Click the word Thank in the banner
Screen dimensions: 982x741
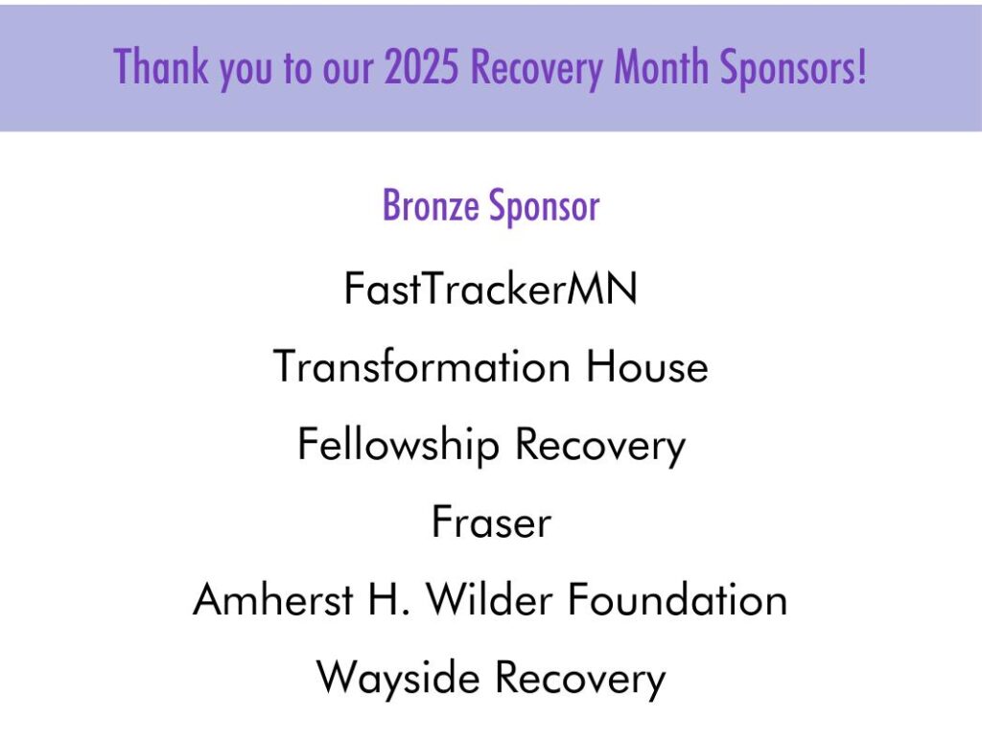click(x=160, y=66)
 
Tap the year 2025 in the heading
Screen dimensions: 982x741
click(x=422, y=66)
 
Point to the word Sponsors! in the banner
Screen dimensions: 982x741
click(x=793, y=68)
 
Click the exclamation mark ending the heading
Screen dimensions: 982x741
click(x=863, y=66)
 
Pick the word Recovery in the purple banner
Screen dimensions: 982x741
click(x=536, y=69)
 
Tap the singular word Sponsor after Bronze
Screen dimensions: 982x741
click(x=545, y=206)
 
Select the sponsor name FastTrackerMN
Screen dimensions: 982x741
click(x=490, y=289)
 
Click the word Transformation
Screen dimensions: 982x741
click(x=422, y=366)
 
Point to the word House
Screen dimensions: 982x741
click(x=647, y=366)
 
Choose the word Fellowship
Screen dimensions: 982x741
click(x=398, y=445)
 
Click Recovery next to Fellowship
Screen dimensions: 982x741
click(x=600, y=447)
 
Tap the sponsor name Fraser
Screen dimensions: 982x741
click(x=491, y=522)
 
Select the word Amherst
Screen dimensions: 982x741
click(x=273, y=599)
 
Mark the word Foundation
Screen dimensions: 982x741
click(x=678, y=599)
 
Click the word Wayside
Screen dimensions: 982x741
click(x=398, y=679)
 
